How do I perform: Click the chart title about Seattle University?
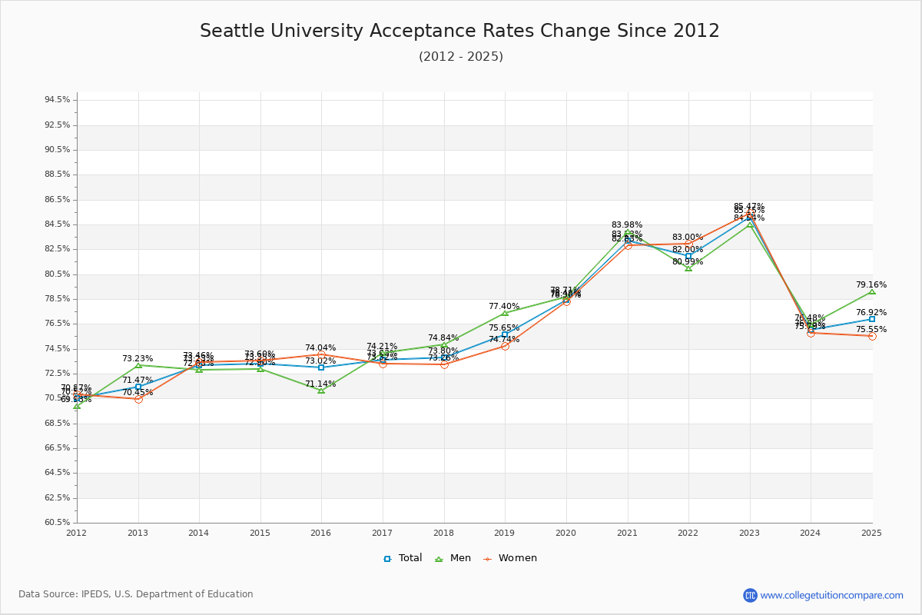pyautogui.click(x=459, y=32)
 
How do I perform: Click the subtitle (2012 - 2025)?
pyautogui.click(x=460, y=57)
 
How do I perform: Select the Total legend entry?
pyautogui.click(x=403, y=558)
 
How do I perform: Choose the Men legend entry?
pyautogui.click(x=453, y=558)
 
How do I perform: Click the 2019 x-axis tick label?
pyautogui.click(x=505, y=533)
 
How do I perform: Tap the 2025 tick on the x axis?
pyautogui.click(x=871, y=533)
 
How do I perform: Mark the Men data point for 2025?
pyautogui.click(x=872, y=291)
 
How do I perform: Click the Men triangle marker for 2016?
pyautogui.click(x=321, y=391)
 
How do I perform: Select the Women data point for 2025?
pyautogui.click(x=872, y=336)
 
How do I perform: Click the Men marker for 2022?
pyautogui.click(x=688, y=268)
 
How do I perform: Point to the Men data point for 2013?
pyautogui.click(x=138, y=365)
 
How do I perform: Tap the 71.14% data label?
pyautogui.click(x=320, y=384)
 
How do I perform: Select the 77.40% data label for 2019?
pyautogui.click(x=504, y=306)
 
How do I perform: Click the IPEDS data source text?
pyautogui.click(x=136, y=594)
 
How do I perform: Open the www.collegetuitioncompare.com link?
pyautogui.click(x=831, y=595)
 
